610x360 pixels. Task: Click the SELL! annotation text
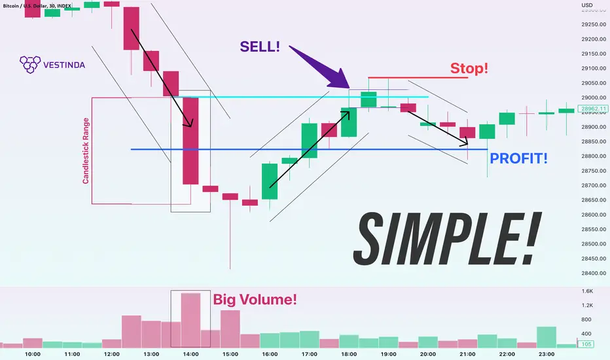click(260, 46)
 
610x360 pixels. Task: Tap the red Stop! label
click(469, 69)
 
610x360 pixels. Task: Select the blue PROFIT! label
click(518, 158)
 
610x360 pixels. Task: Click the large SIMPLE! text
click(447, 239)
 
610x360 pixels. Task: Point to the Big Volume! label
click(255, 299)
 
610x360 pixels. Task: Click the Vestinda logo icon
click(30, 65)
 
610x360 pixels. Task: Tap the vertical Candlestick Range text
click(86, 151)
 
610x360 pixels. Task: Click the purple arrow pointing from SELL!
click(320, 67)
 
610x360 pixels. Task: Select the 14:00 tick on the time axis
click(190, 354)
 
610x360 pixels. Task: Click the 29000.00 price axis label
click(594, 98)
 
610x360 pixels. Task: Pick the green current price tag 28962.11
click(592, 109)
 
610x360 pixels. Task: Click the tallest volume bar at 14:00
click(190, 320)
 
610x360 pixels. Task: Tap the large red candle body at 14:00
click(190, 141)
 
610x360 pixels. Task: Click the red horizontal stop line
click(418, 77)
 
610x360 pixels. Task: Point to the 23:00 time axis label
click(547, 354)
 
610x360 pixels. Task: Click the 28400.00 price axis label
click(594, 273)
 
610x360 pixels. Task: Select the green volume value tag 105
click(586, 344)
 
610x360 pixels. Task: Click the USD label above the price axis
click(587, 5)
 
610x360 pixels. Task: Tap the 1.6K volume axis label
click(588, 291)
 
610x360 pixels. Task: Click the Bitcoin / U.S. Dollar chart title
click(37, 6)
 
